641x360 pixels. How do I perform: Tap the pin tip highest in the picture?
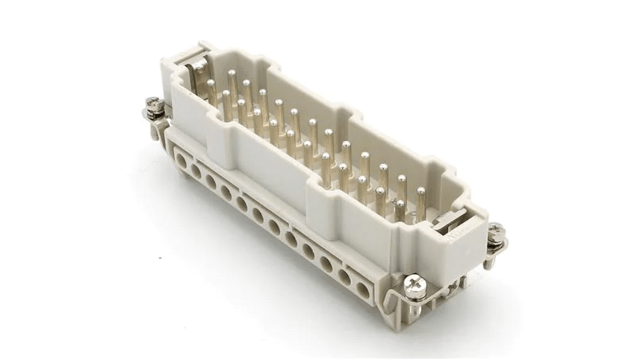[232, 72]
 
